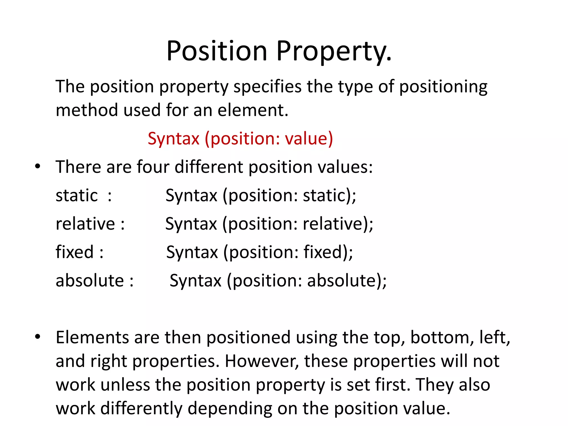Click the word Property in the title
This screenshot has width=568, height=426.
334,51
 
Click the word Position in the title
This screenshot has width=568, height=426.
217,51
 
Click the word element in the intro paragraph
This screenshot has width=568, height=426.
253,110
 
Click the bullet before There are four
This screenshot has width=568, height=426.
38,167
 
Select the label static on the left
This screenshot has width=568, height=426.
77,196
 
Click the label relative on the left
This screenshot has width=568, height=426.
85,224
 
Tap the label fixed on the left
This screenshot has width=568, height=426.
74,252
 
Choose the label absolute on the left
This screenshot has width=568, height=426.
90,281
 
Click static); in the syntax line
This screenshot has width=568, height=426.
329,196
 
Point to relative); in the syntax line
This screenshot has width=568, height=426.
338,224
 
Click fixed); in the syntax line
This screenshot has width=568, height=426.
328,252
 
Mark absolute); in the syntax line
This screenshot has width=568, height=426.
347,281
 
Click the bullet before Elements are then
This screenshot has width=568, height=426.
38,337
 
